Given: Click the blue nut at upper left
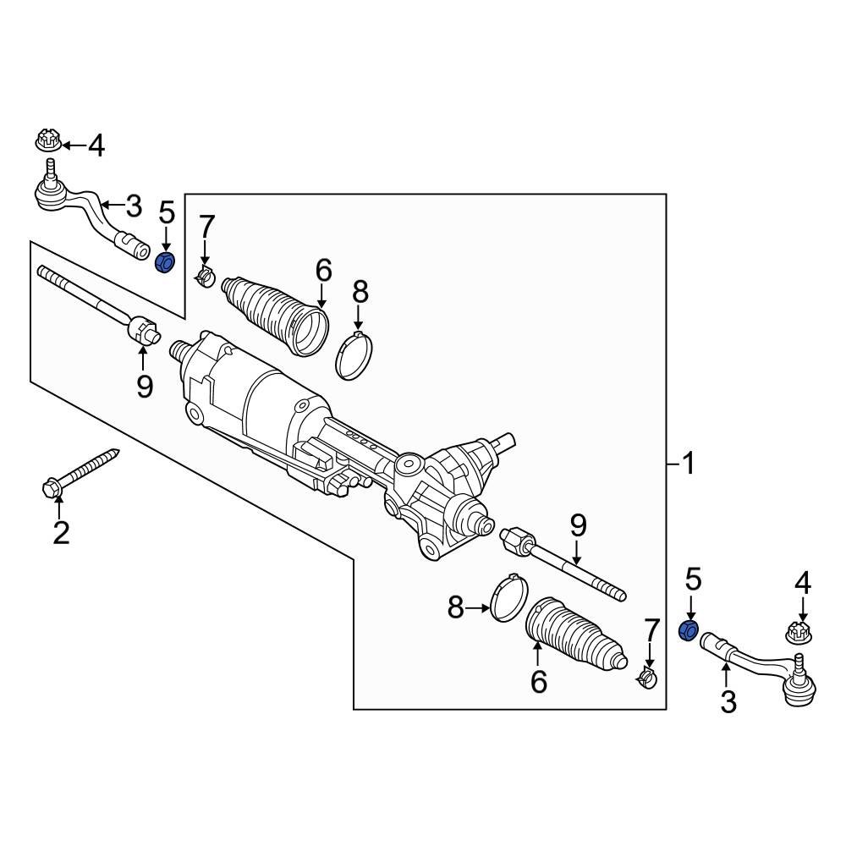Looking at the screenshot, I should pos(166,261).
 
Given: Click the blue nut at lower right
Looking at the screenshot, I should pos(689,629).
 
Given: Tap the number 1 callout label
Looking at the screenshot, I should pos(689,464).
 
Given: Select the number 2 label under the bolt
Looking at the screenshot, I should pos(60,533).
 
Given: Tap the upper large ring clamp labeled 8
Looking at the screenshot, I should pos(356,358).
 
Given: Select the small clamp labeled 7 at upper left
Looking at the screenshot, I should pos(205,276).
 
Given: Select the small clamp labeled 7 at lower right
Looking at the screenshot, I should pos(647,677).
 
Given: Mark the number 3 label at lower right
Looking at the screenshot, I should pos(728,701).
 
